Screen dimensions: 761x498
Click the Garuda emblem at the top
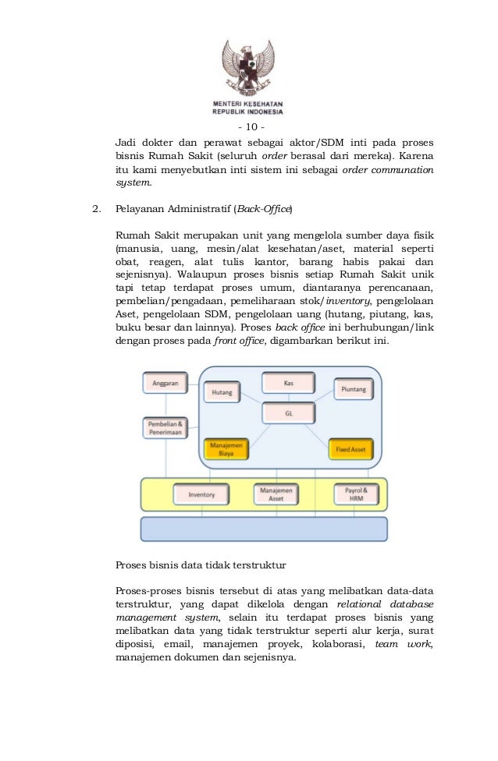tap(249, 66)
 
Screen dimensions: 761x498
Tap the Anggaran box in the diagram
tap(165, 384)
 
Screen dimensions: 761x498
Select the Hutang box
tap(222, 393)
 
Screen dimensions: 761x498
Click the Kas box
tap(288, 383)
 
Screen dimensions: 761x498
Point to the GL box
tap(288, 413)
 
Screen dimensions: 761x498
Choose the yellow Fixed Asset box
tap(350, 449)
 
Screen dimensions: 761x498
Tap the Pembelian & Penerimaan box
tap(165, 428)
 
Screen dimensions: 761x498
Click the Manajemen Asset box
tap(276, 494)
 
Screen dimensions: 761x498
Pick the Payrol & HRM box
tap(356, 494)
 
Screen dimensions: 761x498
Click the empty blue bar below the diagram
tap(264, 529)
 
